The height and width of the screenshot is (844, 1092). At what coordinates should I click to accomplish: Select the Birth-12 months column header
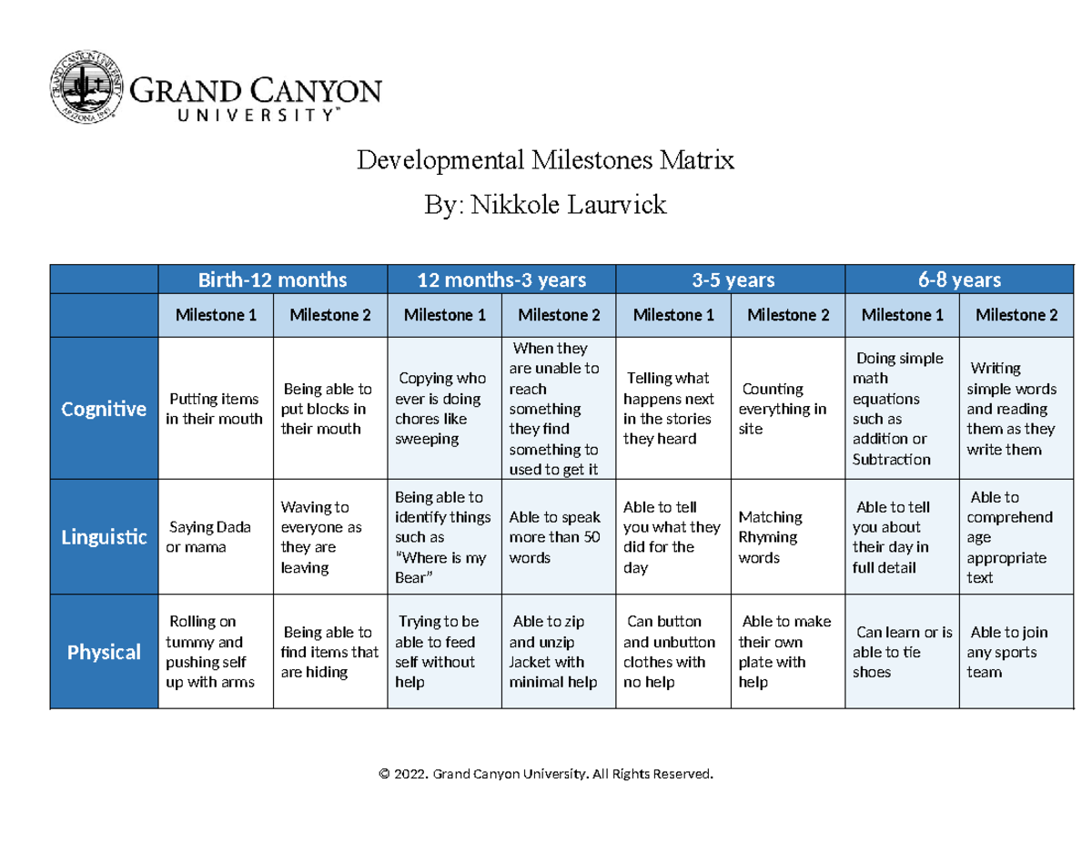(273, 279)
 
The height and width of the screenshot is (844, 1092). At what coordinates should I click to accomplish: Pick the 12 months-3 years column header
(501, 279)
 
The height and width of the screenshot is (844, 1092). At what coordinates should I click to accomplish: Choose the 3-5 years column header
(731, 279)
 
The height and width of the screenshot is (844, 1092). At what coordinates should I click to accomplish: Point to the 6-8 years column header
(959, 279)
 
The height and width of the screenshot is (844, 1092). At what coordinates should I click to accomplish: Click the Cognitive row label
(104, 409)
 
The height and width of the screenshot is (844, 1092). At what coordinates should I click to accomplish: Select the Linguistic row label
(104, 537)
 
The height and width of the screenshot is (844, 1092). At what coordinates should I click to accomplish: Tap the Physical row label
(104, 652)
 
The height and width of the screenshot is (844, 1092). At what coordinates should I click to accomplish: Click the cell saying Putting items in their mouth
(215, 409)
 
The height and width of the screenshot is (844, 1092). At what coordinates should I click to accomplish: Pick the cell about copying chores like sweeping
(443, 409)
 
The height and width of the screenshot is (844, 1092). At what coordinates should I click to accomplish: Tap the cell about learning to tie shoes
(902, 652)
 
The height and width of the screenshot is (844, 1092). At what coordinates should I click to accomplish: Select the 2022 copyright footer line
(546, 774)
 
